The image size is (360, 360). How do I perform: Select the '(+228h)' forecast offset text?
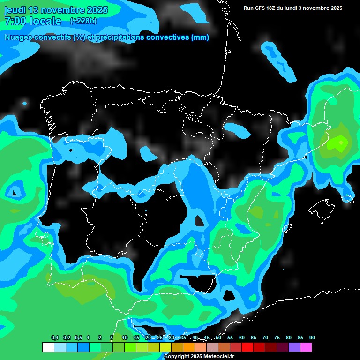coord(83,21)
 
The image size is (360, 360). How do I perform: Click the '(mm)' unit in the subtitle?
coord(200,37)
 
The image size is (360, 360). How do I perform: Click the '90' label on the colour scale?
coord(312,337)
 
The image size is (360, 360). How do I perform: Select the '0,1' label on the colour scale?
coord(55,337)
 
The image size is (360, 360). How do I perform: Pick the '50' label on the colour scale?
coord(218,337)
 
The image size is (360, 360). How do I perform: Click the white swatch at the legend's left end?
coord(48,347)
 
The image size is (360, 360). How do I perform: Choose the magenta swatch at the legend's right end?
coord(306,347)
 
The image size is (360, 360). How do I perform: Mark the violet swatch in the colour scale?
coord(294,347)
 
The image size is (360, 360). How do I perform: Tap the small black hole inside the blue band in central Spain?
coord(199,221)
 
